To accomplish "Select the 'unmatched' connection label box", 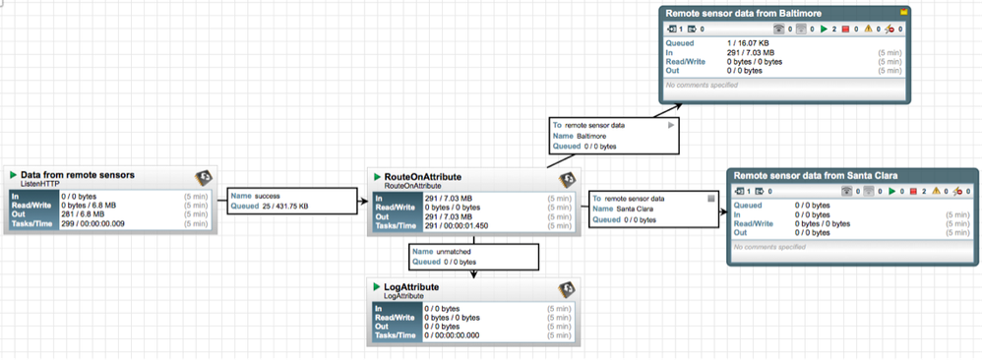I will click(x=474, y=258).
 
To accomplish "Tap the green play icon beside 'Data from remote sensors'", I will click(x=14, y=175).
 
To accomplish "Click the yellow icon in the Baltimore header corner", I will click(x=901, y=12).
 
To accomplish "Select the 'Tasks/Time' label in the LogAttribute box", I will click(x=395, y=337).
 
